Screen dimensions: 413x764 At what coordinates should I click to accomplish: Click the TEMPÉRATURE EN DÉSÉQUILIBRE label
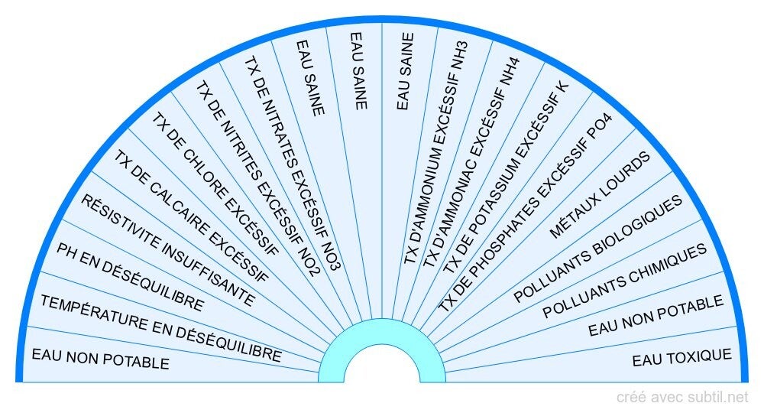pyautogui.click(x=160, y=329)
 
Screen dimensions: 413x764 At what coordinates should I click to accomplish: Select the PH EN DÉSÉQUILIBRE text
pyautogui.click(x=131, y=277)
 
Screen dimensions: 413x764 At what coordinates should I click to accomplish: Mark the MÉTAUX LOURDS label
pyautogui.click(x=600, y=195)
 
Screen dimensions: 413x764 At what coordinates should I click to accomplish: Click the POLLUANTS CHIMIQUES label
pyautogui.click(x=625, y=281)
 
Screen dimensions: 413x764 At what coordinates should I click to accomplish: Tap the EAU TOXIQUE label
pyautogui.click(x=681, y=357)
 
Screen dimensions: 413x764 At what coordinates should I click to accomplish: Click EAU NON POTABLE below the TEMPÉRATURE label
pyautogui.click(x=100, y=358)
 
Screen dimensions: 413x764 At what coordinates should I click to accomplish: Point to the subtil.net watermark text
pyautogui.click(x=682, y=397)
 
